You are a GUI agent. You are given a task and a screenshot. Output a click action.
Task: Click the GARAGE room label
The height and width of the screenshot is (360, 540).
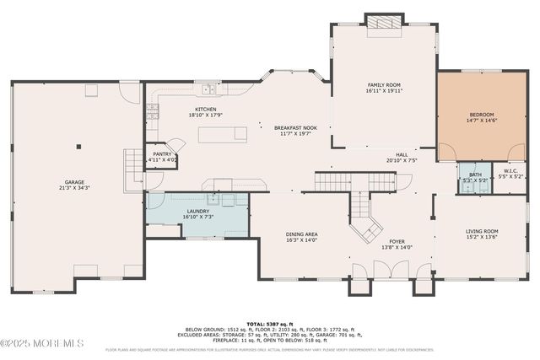point(75,182)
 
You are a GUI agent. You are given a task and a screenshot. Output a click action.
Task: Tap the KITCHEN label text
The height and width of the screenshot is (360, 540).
point(207,110)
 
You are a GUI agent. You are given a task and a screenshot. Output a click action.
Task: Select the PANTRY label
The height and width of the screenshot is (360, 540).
point(162,154)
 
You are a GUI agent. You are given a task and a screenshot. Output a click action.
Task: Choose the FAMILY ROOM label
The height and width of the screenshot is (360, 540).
point(383,85)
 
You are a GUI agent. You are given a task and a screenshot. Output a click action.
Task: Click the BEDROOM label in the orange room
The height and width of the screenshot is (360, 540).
point(481,115)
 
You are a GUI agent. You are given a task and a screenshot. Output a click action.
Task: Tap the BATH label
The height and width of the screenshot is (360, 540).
point(474,175)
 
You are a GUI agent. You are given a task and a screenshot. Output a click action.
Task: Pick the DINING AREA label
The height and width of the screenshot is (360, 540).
point(300,234)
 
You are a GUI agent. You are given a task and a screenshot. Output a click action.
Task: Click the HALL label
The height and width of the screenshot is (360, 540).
point(402,154)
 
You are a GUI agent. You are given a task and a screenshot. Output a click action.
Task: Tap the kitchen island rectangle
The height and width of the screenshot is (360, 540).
point(223,134)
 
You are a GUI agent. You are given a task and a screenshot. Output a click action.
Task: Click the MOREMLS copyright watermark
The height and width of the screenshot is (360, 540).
point(42,343)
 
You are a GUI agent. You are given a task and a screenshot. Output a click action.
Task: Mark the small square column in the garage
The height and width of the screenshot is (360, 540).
point(78,147)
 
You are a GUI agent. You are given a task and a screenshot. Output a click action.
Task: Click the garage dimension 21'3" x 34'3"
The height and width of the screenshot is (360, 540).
point(75,187)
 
